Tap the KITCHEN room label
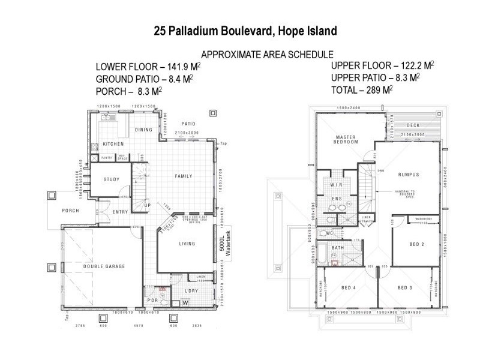[113, 145]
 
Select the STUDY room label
[112, 179]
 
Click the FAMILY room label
[183, 176]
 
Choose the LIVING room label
[187, 244]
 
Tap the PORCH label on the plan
[71, 211]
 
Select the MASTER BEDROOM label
[346, 139]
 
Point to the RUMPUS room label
[408, 175]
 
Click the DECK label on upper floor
[413, 126]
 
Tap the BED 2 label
[416, 244]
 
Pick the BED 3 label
[405, 289]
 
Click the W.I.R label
[336, 185]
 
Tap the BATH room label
[338, 247]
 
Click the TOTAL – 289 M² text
[362, 90]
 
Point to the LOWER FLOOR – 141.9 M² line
[148, 67]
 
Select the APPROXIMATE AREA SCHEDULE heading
[267, 53]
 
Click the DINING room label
[143, 130]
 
